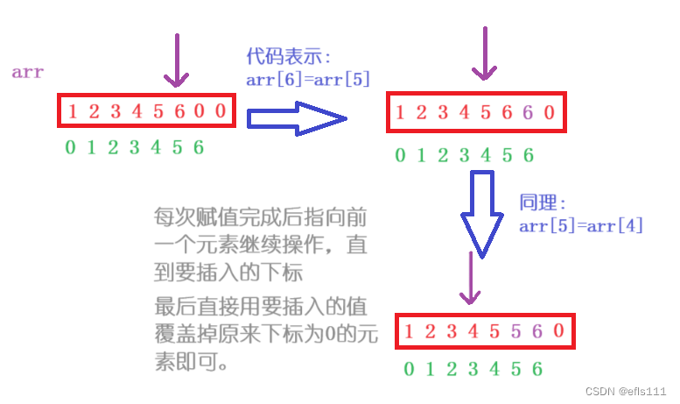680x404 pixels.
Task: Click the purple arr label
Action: (x=27, y=73)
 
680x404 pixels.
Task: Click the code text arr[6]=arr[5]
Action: (x=307, y=79)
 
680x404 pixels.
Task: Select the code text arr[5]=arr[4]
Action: (x=580, y=226)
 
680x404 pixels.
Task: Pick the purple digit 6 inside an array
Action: (x=527, y=112)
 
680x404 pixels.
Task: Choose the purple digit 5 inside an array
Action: (x=515, y=332)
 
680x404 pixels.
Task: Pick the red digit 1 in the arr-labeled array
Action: (x=72, y=111)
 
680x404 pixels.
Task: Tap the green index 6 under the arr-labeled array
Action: (x=199, y=146)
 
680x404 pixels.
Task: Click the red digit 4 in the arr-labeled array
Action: (x=136, y=111)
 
